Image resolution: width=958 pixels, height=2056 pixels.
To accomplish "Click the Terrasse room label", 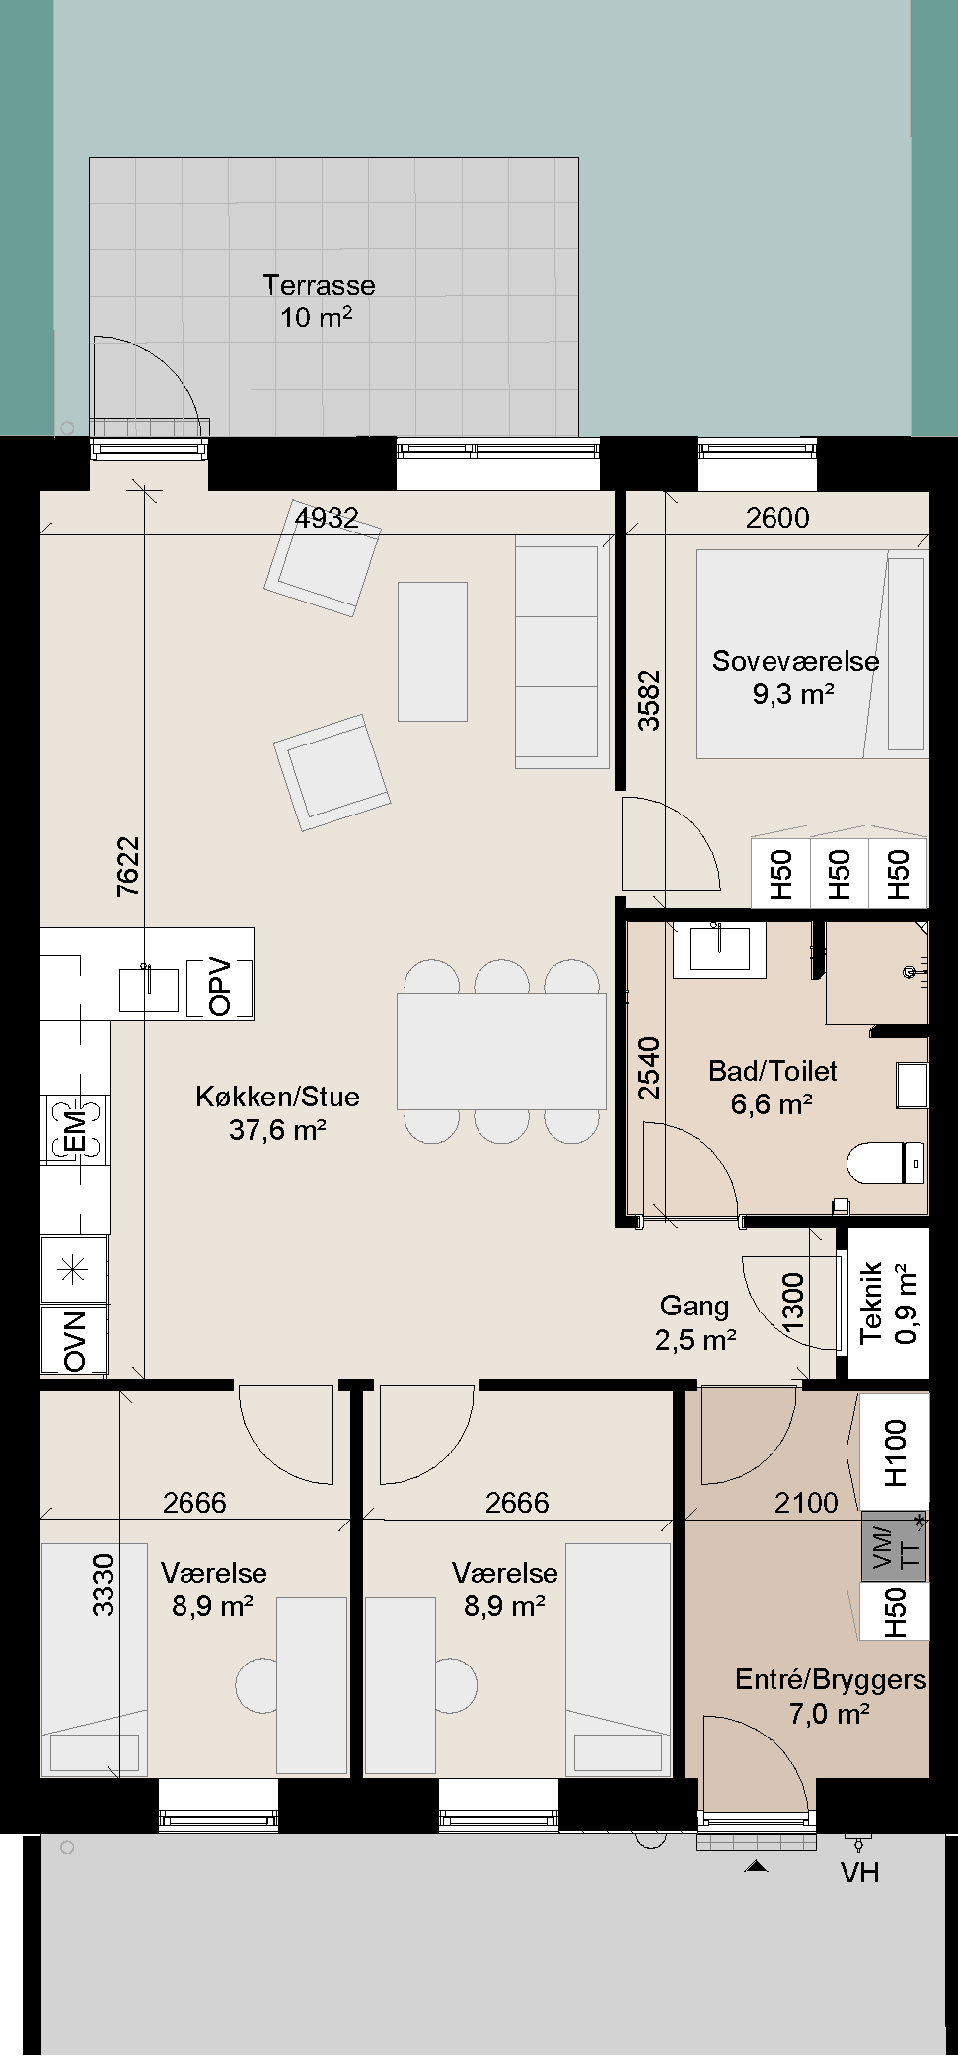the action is tap(319, 286).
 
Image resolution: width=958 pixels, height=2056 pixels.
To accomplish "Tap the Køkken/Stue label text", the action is tap(277, 1097).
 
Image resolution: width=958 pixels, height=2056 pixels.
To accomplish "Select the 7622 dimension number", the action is tap(128, 867).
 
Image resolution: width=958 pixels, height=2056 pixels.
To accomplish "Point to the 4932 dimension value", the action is tap(327, 518).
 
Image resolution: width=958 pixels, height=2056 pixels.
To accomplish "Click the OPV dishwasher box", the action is tap(219, 987).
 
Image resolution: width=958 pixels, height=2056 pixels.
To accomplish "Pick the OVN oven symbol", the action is tap(74, 1340).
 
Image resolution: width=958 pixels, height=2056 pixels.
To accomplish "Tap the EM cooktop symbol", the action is tap(74, 1129).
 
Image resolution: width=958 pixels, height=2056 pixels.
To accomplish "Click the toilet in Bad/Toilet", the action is tap(886, 1163).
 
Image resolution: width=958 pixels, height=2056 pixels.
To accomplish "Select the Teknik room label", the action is tap(871, 1303).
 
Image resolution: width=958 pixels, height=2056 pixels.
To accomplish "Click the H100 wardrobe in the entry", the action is tap(895, 1452).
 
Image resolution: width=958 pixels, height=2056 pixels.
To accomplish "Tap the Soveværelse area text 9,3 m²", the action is tap(794, 694).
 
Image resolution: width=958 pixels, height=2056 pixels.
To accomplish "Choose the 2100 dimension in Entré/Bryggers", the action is tap(806, 1503).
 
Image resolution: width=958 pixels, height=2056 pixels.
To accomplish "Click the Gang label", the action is tap(695, 1306).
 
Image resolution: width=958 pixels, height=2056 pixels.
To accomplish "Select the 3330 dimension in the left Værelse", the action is tap(104, 1585).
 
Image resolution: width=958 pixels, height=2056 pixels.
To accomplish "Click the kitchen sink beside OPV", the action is tap(148, 989).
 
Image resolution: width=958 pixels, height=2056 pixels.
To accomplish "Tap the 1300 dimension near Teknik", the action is tap(793, 1303).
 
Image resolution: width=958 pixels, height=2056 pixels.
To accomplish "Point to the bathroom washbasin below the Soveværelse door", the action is tap(719, 949).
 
